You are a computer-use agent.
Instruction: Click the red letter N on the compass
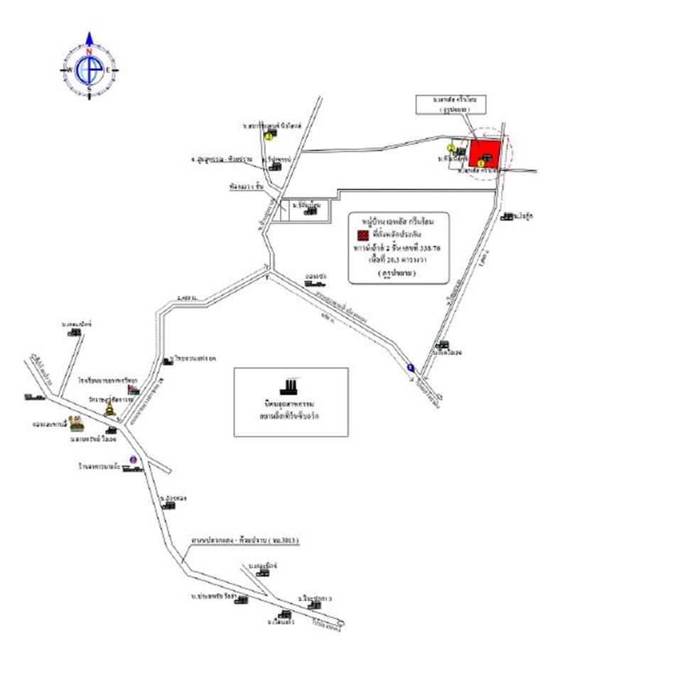(90, 53)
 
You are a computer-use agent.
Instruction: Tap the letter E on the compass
(108, 70)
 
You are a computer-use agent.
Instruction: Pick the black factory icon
(289, 387)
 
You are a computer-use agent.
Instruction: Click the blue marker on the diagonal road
(411, 368)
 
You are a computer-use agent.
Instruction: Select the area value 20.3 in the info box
(392, 260)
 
